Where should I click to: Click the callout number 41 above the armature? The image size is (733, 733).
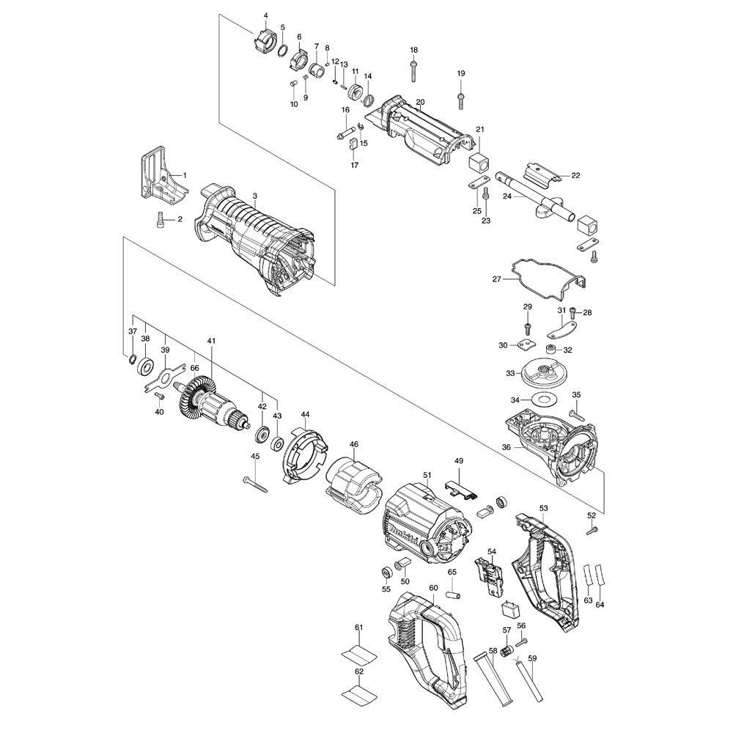tap(211, 342)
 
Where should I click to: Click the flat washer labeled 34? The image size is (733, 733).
tap(543, 400)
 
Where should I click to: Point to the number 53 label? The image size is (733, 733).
tap(543, 508)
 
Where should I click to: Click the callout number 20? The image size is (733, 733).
tap(420, 102)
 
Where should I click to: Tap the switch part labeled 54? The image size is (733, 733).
tap(490, 576)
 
